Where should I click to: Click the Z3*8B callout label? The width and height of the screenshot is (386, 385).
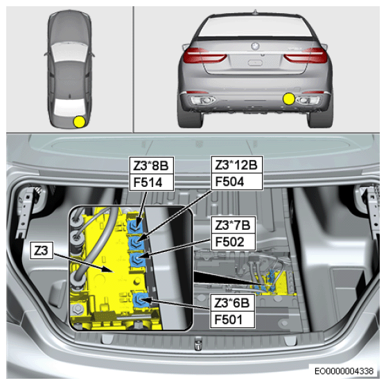(x=152, y=165)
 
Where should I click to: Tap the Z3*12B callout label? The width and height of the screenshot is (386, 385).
(x=237, y=165)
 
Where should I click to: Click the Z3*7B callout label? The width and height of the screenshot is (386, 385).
(x=233, y=225)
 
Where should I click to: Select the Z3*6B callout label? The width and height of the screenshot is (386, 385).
(x=232, y=303)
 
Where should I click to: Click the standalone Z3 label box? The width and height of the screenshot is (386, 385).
(x=42, y=251)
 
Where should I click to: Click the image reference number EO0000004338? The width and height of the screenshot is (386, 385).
(x=344, y=370)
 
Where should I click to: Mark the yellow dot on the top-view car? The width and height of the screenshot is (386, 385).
(x=79, y=122)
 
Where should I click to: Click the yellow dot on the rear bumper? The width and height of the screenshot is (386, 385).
(x=289, y=99)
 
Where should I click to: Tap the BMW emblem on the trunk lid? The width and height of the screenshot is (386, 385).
(x=255, y=46)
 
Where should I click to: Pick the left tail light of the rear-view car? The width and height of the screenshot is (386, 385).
(x=204, y=55)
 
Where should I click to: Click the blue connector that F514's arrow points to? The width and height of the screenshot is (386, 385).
(x=135, y=226)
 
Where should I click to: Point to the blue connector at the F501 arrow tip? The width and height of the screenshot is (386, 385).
(x=141, y=299)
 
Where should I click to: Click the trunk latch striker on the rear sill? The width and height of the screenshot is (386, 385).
(x=198, y=343)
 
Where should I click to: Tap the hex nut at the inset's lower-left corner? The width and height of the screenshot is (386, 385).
(x=78, y=308)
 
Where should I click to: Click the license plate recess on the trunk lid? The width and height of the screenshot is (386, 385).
(x=255, y=63)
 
